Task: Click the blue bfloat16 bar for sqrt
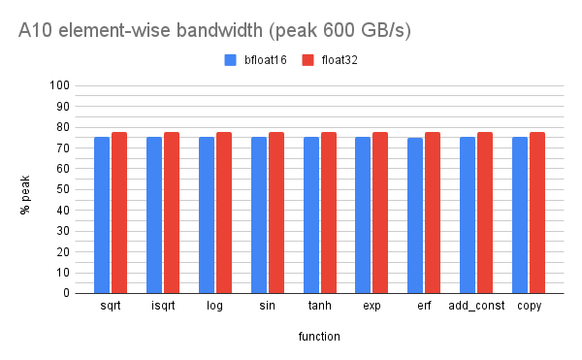point(102,214)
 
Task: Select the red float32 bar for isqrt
point(172,213)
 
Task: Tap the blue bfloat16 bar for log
point(207,214)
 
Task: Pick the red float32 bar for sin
point(275,213)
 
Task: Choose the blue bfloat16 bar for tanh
point(311,214)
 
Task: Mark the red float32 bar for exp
point(380,213)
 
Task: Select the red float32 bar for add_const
point(485,213)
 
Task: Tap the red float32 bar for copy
point(537,213)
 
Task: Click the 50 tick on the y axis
point(61,189)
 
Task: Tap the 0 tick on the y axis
point(64,293)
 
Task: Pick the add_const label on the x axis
point(475,307)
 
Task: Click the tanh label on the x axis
point(319,307)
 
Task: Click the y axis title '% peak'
point(26,190)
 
